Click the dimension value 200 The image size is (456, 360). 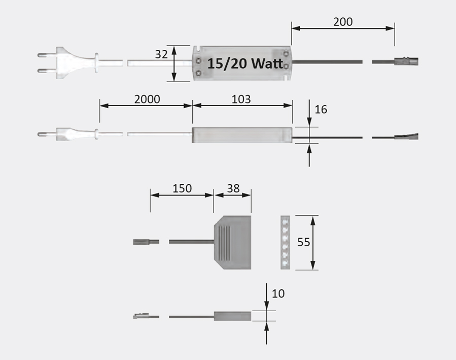coord(343,21)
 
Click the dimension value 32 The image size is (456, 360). coord(161,54)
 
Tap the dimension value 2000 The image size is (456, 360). coord(147,99)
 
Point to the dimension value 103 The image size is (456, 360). coord(241,99)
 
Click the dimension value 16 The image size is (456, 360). coord(321,109)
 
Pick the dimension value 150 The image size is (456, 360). coord(182,188)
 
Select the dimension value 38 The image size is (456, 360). coord(233,188)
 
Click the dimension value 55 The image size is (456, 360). coord(303,242)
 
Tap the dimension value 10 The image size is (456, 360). coord(278,293)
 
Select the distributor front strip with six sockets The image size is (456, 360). coord(286,242)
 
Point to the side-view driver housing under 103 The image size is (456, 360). coord(242,134)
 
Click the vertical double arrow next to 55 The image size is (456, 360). coord(314,242)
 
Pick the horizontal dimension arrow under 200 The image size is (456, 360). coord(343,29)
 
